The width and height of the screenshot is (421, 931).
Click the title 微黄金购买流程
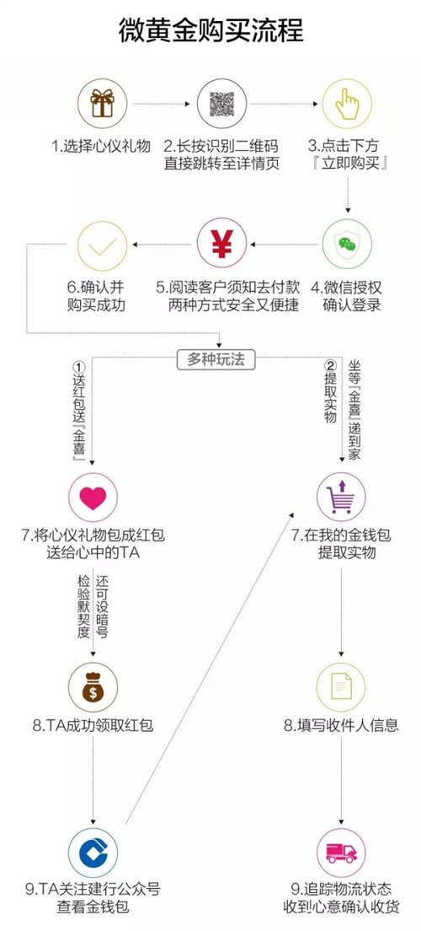(x=210, y=30)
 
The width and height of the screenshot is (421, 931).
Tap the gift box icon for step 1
(x=102, y=104)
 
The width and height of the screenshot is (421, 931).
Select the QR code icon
(x=221, y=104)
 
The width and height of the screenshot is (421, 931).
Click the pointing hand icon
(x=347, y=104)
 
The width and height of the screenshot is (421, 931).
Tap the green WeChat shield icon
(x=347, y=245)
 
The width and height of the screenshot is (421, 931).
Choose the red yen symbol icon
(x=221, y=245)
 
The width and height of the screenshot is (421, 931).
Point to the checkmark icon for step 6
(x=102, y=245)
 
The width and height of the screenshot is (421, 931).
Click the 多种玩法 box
(x=216, y=359)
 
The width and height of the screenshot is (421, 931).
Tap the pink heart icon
(x=93, y=498)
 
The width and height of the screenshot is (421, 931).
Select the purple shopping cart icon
(x=341, y=498)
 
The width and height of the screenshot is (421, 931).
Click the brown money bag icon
(x=93, y=687)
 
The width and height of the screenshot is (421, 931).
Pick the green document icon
(x=341, y=687)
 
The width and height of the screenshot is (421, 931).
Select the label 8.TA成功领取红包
(x=93, y=725)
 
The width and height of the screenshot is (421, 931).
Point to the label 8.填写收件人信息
(x=341, y=725)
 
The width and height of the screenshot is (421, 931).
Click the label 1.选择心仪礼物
(x=101, y=146)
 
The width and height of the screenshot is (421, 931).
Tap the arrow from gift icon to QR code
(x=162, y=104)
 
